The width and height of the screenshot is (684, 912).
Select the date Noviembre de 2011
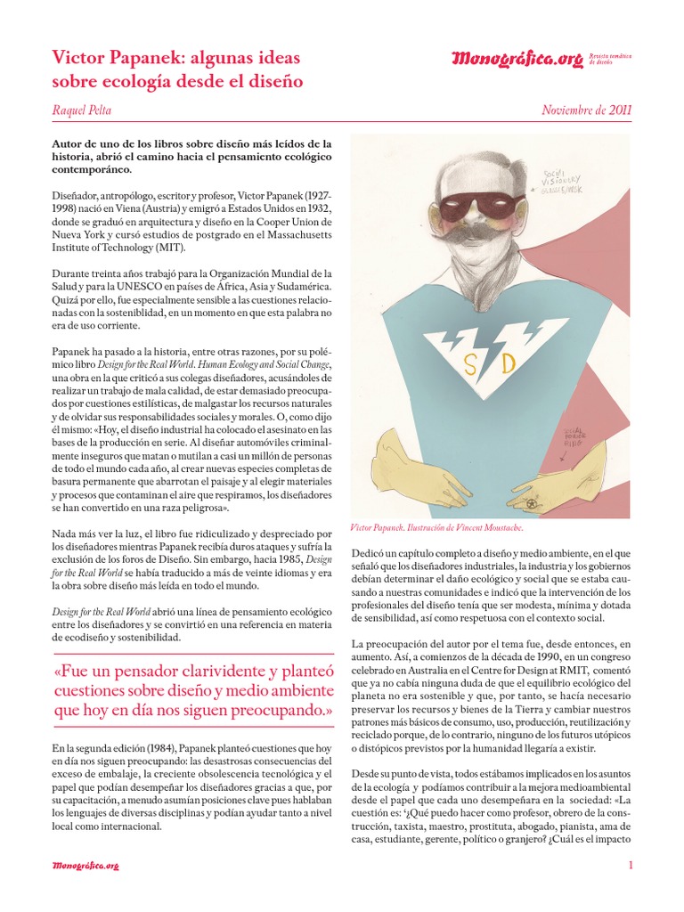(586, 110)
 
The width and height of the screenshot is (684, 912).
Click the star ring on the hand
(532, 503)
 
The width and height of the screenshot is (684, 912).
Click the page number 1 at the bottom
(630, 865)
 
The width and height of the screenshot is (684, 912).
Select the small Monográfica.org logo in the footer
(85, 865)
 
